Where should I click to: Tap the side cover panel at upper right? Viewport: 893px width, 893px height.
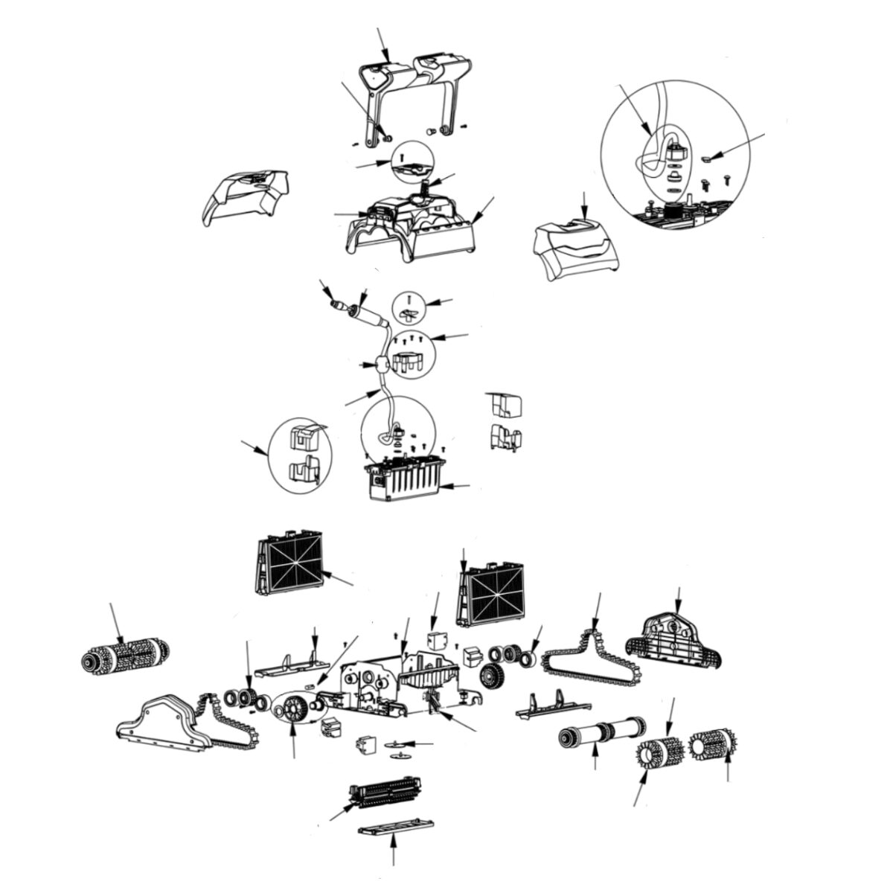(577, 249)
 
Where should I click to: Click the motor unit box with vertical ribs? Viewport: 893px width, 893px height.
(402, 480)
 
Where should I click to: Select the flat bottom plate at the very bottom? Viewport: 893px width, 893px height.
(397, 828)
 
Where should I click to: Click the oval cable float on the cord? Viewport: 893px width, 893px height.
(383, 364)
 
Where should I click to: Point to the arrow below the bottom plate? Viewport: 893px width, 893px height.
(392, 856)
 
